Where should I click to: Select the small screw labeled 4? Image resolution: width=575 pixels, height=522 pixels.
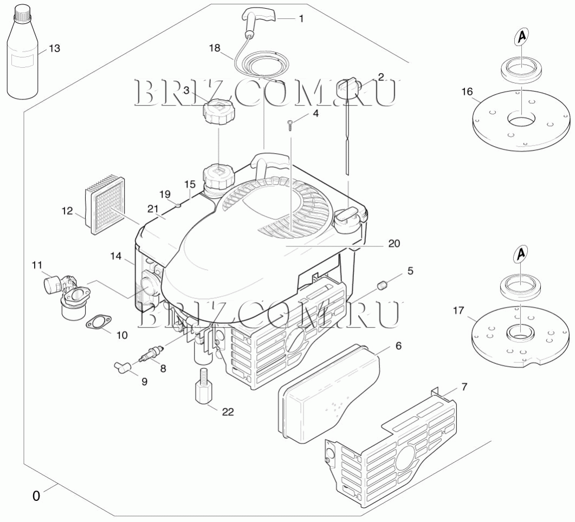(x=290, y=125)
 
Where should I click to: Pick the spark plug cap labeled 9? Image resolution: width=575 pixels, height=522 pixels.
(x=122, y=367)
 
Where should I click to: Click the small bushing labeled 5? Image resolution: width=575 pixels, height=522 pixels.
(x=382, y=285)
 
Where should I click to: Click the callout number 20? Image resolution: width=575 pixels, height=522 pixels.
(x=394, y=243)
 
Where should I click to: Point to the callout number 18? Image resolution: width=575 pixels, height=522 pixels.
(x=215, y=48)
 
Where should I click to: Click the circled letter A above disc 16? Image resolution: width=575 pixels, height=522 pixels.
(x=522, y=37)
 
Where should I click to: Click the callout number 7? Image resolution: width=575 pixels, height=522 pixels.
(x=464, y=387)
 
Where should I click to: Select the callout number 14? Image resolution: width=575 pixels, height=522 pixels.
(x=116, y=256)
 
